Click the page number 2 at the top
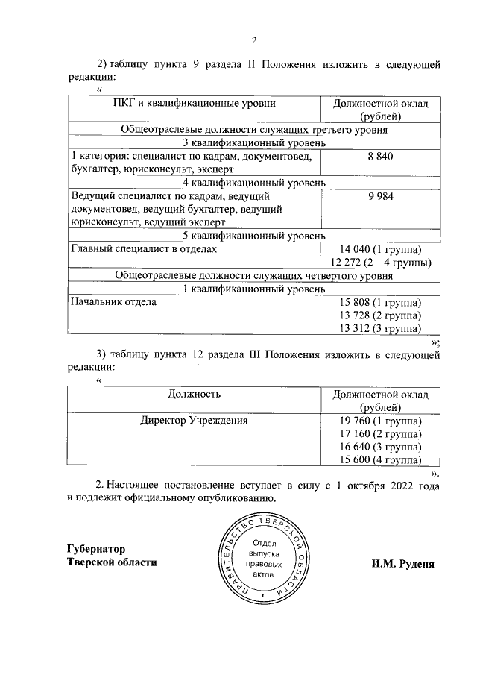(253, 40)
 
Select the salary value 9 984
(380, 196)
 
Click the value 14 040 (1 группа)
(380, 249)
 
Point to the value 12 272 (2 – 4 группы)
(380, 263)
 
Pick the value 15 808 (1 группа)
(380, 302)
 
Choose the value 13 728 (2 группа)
(380, 315)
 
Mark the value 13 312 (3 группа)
(380, 328)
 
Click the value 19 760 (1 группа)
(380, 421)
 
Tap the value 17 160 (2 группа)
(380, 433)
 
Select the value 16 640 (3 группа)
(380, 447)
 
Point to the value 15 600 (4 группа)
(380, 460)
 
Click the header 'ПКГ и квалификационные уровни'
(194, 103)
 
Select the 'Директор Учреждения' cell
(194, 421)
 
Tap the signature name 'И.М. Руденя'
(403, 563)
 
